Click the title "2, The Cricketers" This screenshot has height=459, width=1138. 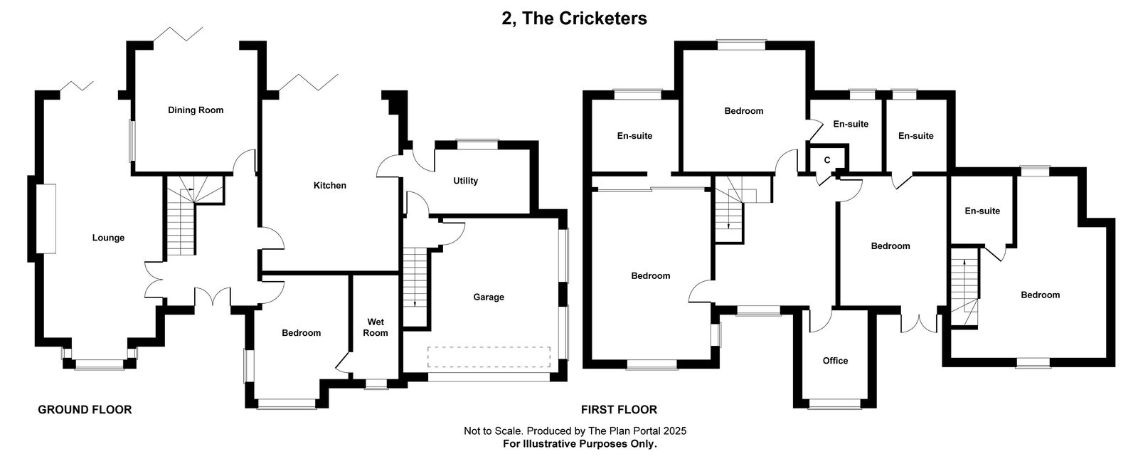574,19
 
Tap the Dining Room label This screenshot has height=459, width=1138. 196,110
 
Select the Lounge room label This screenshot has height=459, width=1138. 108,238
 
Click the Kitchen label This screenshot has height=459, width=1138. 330,186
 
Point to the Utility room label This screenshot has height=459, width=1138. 465,181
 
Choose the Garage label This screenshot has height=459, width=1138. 489,297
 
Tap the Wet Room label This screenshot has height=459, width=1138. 376,327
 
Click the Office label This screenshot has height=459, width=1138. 835,361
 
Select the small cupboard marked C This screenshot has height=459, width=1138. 827,160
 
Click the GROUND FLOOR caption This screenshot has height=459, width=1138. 85,410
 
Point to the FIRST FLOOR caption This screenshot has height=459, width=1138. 619,410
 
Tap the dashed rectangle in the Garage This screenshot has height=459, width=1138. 489,357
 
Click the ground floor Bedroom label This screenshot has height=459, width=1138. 302,333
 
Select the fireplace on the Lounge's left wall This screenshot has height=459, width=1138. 46,218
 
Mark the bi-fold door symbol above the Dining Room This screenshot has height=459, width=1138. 178,33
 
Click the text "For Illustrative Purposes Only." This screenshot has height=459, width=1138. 580,444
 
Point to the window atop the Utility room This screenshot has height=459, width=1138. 477,144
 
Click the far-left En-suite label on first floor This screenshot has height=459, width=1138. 634,136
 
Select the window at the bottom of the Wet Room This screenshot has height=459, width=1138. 376,384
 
